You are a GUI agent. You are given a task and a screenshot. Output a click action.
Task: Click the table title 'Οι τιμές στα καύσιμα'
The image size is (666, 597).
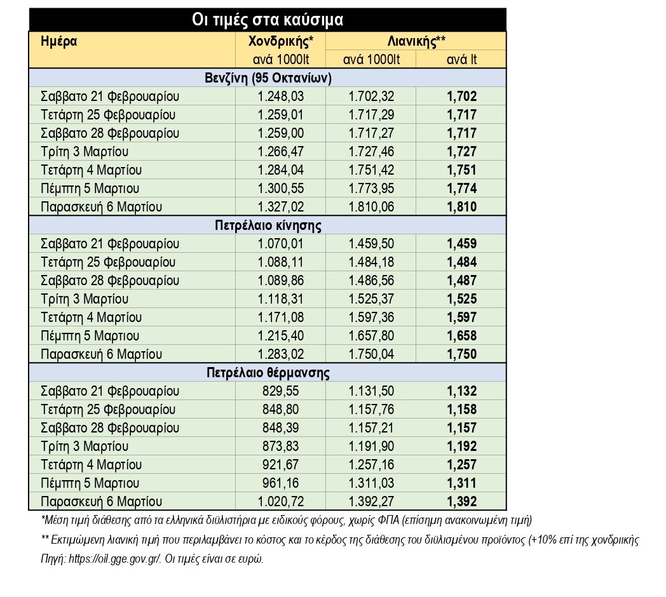click(x=268, y=20)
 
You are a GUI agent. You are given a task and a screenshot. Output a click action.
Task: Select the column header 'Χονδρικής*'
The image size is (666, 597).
click(x=280, y=42)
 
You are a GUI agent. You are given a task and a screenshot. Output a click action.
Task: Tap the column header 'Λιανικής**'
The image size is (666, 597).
click(x=416, y=42)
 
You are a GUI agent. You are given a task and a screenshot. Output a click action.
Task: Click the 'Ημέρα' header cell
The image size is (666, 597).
click(x=59, y=42)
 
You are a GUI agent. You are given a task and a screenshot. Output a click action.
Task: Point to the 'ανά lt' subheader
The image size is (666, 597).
click(x=461, y=60)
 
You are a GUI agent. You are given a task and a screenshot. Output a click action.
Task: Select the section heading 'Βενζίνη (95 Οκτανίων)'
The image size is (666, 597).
click(x=268, y=78)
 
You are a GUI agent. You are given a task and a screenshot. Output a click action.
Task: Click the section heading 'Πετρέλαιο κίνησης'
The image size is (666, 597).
click(x=268, y=225)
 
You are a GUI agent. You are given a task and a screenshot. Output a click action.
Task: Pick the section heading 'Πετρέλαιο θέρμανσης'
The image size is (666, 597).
click(x=268, y=373)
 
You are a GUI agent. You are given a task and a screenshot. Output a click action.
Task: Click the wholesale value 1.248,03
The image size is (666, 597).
click(x=280, y=97)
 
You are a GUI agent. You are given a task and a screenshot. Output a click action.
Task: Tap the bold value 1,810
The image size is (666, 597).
click(x=461, y=207)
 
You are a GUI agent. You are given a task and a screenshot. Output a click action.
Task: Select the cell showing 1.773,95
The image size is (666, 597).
click(x=371, y=189)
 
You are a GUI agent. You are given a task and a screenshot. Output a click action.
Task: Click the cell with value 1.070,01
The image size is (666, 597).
click(x=280, y=244)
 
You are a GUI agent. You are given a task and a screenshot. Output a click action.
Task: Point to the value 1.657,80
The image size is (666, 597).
click(x=371, y=336)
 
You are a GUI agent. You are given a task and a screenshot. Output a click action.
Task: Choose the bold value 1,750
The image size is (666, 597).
click(x=461, y=354)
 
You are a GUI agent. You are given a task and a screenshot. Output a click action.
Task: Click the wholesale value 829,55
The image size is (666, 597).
click(x=280, y=391)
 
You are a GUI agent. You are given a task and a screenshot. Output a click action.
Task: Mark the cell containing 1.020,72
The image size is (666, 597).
click(x=280, y=502)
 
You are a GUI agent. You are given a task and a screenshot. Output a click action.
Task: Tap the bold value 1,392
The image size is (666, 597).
click(x=461, y=502)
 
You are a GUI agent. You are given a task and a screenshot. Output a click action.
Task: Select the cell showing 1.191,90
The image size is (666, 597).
click(x=371, y=446)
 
